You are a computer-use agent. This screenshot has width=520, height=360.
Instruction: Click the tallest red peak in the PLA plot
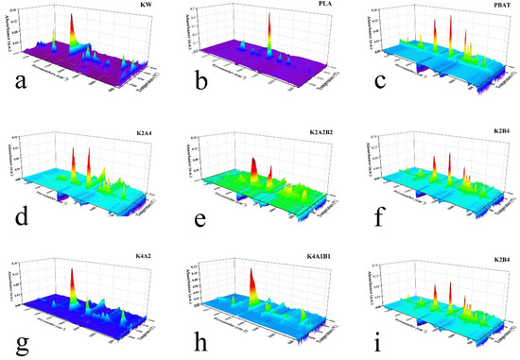[x=269, y=19]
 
